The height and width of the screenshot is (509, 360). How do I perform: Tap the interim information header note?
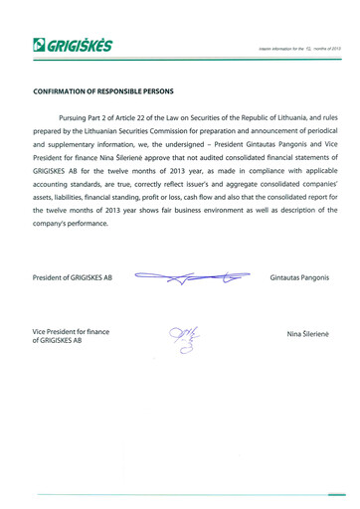click(x=298, y=48)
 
